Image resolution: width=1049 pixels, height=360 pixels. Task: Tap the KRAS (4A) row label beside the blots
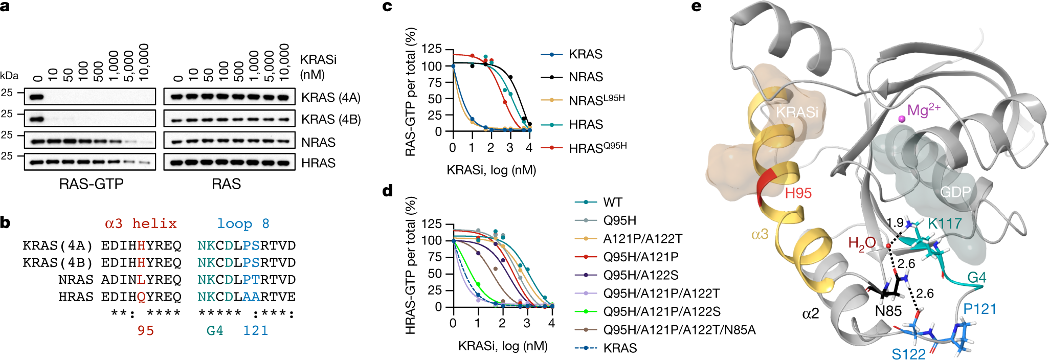pyautogui.click(x=330, y=98)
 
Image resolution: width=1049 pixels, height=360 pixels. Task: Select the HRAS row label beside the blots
pyautogui.click(x=318, y=163)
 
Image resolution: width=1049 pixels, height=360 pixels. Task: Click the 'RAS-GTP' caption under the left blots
pyautogui.click(x=91, y=184)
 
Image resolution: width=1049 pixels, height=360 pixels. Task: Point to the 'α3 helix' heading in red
pyautogui.click(x=141, y=223)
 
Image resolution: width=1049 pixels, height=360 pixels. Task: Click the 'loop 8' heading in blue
pyautogui.click(x=243, y=223)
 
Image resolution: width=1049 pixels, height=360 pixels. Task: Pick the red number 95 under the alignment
pyautogui.click(x=145, y=331)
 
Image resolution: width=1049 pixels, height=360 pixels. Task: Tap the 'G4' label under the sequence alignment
pyautogui.click(x=215, y=331)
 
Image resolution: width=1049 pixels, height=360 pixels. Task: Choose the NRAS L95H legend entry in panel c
pyautogui.click(x=596, y=100)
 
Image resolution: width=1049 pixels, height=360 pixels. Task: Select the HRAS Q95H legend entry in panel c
pyautogui.click(x=597, y=148)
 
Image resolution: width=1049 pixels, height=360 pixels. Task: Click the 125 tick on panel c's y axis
pyautogui.click(x=431, y=49)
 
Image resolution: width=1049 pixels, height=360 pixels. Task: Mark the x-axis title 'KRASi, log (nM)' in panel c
pyautogui.click(x=491, y=170)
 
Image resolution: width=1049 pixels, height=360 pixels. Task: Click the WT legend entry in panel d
pyautogui.click(x=612, y=202)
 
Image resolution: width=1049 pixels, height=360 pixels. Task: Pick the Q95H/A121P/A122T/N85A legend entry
pyautogui.click(x=679, y=330)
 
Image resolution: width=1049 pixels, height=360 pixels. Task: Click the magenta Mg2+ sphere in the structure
pyautogui.click(x=901, y=119)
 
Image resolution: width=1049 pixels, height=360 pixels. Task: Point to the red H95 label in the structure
pyautogui.click(x=798, y=193)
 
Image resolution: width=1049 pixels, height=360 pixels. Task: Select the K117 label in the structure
pyautogui.click(x=945, y=223)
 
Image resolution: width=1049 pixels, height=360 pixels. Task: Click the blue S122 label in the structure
pyautogui.click(x=908, y=354)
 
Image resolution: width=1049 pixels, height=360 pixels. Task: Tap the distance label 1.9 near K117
pyautogui.click(x=895, y=223)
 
